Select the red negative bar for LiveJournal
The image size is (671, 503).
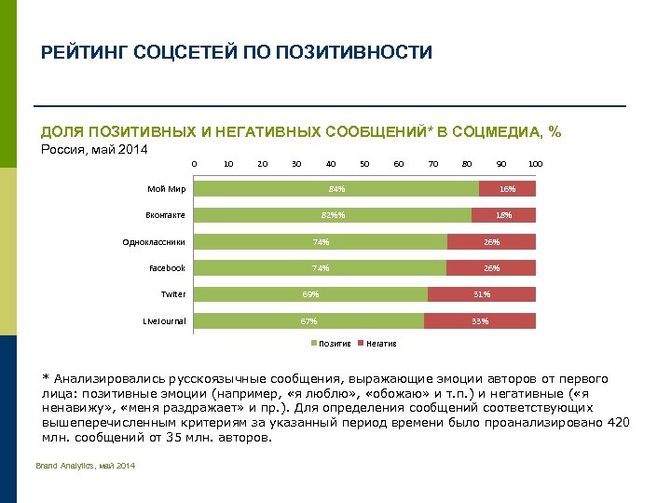point(480,321)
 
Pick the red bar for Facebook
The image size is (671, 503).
point(491,268)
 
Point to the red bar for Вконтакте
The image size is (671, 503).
point(503,215)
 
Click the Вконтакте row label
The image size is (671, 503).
point(165,215)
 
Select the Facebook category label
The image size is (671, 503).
point(167,268)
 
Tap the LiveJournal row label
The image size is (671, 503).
point(164,321)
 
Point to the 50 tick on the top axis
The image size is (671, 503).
point(364,164)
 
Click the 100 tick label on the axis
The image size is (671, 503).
point(535,164)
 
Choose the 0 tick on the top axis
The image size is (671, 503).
point(194,164)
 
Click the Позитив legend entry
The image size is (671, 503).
point(334,344)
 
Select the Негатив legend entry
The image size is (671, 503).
point(380,344)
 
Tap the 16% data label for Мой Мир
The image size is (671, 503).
point(507,189)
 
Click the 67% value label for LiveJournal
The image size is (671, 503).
point(308,321)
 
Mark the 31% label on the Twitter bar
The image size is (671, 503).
point(482,294)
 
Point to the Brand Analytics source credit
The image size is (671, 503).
point(85,466)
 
